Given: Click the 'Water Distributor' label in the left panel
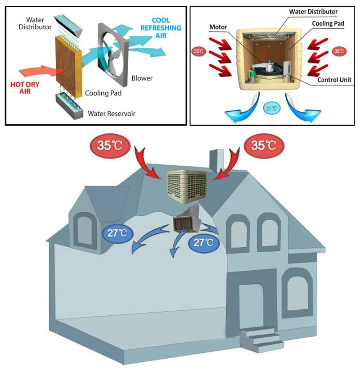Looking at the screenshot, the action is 35,23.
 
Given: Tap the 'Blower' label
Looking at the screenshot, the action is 142,78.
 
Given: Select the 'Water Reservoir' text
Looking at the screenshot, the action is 112,114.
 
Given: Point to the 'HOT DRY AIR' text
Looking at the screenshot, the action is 25,88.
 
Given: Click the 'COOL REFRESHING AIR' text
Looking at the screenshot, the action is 161,28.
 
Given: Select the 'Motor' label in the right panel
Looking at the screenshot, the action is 218,27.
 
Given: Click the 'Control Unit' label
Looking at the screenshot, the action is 334,80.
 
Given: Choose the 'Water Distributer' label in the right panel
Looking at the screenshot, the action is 313,12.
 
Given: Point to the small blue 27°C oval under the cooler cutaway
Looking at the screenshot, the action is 272,109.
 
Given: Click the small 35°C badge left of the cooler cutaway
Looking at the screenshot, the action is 198,51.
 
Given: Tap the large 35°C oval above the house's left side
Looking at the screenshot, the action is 110,146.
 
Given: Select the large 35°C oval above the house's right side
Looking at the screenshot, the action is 264,146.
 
